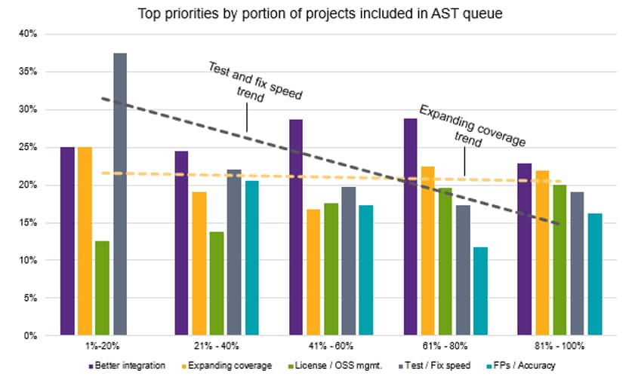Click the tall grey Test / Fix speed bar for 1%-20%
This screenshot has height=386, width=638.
[120, 195]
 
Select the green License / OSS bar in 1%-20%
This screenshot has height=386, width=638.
[102, 288]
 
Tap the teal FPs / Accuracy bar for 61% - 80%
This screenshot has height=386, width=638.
[480, 291]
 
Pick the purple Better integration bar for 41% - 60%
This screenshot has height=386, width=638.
[296, 228]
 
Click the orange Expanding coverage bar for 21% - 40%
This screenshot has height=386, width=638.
[199, 264]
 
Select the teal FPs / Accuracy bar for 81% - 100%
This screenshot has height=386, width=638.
[595, 274]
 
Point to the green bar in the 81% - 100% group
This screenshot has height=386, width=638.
[560, 260]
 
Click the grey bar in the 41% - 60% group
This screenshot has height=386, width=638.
[349, 261]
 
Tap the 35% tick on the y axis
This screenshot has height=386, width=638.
[28, 72]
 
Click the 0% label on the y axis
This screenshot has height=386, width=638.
[30, 335]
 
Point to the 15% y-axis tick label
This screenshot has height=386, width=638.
[28, 222]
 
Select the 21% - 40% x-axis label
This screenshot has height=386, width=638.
[217, 346]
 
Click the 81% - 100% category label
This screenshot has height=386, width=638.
[559, 346]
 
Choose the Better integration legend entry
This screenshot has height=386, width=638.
[127, 366]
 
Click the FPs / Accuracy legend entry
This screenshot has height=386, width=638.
[521, 366]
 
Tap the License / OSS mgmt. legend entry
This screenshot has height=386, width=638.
[335, 366]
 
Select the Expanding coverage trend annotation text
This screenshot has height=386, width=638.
[471, 127]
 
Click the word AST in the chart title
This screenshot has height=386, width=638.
[441, 14]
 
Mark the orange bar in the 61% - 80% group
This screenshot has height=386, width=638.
[428, 251]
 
